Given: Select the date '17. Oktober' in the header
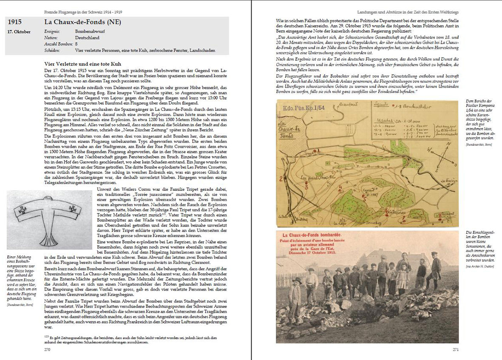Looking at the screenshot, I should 19,32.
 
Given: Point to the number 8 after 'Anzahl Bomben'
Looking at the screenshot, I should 76,44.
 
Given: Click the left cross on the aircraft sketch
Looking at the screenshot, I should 23,209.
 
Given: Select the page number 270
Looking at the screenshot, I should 48,349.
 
